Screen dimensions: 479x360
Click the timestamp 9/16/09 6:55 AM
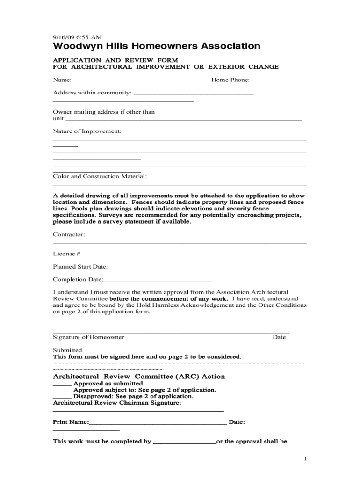77,37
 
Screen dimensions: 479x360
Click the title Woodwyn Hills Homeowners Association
157,46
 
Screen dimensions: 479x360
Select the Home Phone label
230,80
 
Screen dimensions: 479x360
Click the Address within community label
92,93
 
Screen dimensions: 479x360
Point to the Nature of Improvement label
87,131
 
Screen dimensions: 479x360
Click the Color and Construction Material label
100,176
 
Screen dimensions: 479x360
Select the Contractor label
69,234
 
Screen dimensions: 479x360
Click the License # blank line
109,255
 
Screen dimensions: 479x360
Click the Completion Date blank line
158,281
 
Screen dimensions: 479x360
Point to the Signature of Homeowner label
88,337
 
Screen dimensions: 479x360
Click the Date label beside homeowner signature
279,337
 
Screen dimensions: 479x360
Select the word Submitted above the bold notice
67,350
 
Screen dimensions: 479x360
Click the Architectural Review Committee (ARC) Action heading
139,377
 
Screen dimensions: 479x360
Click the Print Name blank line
158,423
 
